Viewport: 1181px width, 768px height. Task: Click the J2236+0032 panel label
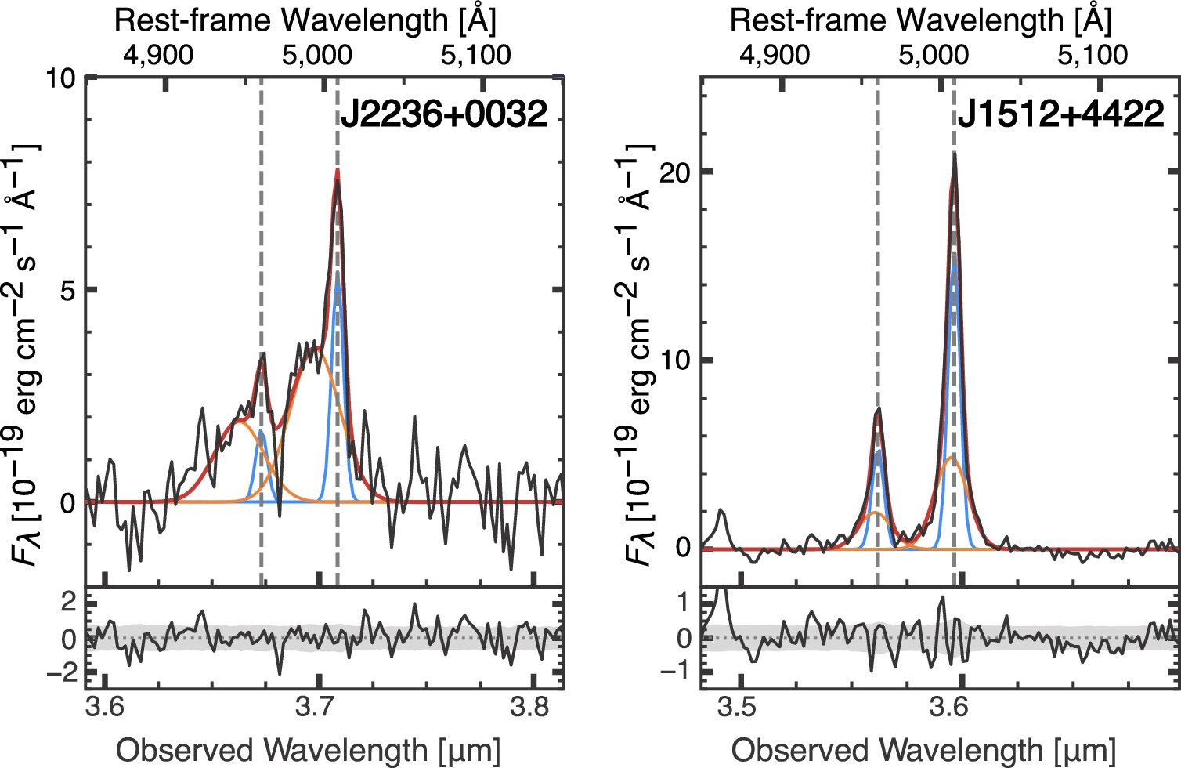442,115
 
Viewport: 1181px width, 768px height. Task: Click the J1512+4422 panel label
1060,115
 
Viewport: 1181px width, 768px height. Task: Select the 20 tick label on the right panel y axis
675,172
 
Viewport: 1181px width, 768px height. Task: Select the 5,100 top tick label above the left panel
475,55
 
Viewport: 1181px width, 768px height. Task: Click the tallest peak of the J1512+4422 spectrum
954,154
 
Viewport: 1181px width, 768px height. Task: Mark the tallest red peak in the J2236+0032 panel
338,170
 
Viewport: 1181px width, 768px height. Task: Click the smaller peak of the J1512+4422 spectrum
878,409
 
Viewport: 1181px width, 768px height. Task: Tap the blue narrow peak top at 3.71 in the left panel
337,286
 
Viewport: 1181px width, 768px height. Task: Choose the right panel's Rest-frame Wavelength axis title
920,20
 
